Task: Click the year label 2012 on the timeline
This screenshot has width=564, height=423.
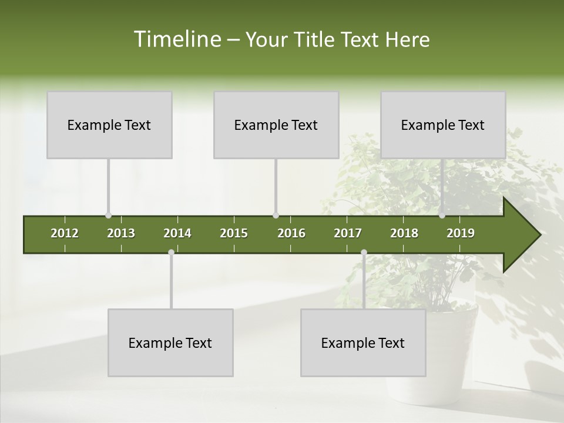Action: click(x=65, y=233)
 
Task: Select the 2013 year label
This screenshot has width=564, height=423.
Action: click(x=121, y=233)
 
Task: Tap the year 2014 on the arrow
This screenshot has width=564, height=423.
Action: click(x=177, y=233)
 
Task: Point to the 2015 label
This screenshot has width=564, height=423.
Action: click(x=234, y=233)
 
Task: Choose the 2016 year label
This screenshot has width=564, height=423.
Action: click(x=291, y=233)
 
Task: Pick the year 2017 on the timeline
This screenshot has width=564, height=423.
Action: click(x=348, y=233)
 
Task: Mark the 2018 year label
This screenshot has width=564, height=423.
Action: click(x=404, y=233)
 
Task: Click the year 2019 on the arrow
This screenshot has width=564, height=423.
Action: click(x=461, y=233)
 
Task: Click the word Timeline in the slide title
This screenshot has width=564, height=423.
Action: click(x=177, y=39)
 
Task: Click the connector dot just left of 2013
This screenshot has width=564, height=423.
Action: click(x=108, y=216)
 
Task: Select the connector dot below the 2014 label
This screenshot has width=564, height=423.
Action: click(x=171, y=253)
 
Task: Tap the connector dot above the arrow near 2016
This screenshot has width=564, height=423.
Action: click(x=276, y=216)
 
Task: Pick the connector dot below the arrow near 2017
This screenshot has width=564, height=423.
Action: click(x=364, y=253)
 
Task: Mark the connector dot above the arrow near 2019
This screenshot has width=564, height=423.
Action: click(x=442, y=216)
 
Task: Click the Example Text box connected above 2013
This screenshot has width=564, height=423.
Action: click(x=109, y=125)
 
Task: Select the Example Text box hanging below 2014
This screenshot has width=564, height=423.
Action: click(x=170, y=343)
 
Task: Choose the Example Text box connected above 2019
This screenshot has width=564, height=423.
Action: click(x=443, y=125)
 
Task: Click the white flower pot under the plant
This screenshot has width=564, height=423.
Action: click(x=452, y=352)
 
